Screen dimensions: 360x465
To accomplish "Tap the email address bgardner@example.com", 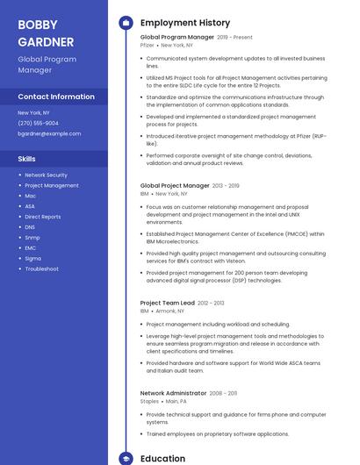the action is (49, 134).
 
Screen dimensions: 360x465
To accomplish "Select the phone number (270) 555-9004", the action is (38, 124).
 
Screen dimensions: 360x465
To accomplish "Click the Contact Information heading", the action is (56, 97).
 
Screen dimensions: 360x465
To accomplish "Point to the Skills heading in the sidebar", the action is (26, 159).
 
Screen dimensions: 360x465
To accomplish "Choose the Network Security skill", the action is (46, 175).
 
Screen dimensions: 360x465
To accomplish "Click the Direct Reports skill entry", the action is (43, 217).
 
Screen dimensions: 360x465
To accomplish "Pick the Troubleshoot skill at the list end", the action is (41, 269).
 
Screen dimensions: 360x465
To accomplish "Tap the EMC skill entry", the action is (31, 248).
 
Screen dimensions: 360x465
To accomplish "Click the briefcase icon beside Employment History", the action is (126, 22).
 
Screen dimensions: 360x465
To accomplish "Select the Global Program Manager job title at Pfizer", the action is (176, 38).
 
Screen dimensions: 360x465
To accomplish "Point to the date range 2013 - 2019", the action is (226, 186).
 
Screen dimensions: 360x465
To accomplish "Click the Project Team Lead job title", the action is (167, 303).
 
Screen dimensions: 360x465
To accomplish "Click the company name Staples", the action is (149, 401).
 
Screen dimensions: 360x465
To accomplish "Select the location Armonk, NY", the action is (169, 311).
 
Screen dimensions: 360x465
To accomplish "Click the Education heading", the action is (162, 458).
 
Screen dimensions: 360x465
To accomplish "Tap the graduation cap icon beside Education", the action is (126, 458).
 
